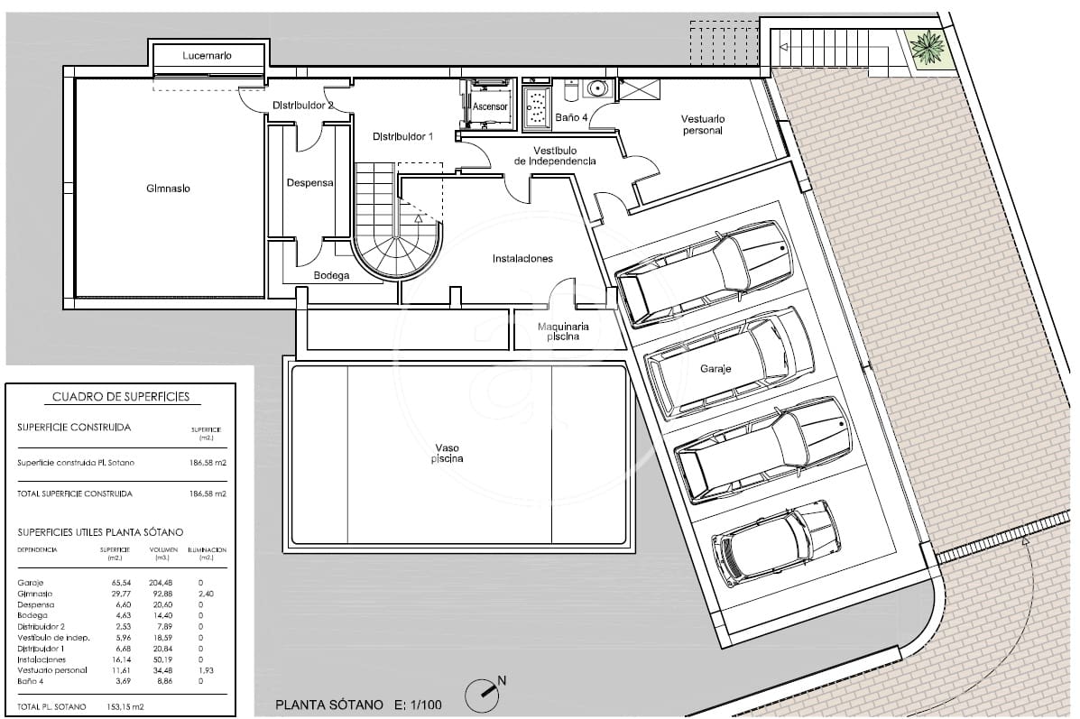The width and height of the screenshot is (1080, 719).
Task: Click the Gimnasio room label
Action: click(168, 189)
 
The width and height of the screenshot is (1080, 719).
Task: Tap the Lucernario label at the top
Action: click(207, 56)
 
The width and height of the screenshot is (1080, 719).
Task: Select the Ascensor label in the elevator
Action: click(491, 106)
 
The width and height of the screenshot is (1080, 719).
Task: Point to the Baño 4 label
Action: click(571, 117)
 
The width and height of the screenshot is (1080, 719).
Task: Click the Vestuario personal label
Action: click(703, 124)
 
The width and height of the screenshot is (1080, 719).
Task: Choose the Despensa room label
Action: click(309, 182)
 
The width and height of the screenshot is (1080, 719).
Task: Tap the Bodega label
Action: click(331, 276)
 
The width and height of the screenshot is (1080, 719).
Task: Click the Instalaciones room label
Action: click(522, 259)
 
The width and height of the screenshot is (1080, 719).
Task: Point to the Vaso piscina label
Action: click(448, 453)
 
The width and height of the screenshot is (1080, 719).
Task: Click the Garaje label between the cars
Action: click(715, 369)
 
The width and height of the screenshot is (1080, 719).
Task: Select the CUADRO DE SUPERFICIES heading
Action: click(120, 397)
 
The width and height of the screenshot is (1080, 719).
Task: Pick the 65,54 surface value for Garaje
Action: click(109, 583)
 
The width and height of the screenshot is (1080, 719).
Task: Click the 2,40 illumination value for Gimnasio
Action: click(206, 594)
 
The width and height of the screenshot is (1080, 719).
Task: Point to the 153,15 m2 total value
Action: click(121, 706)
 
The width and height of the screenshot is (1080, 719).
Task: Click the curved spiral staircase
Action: click(394, 235)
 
